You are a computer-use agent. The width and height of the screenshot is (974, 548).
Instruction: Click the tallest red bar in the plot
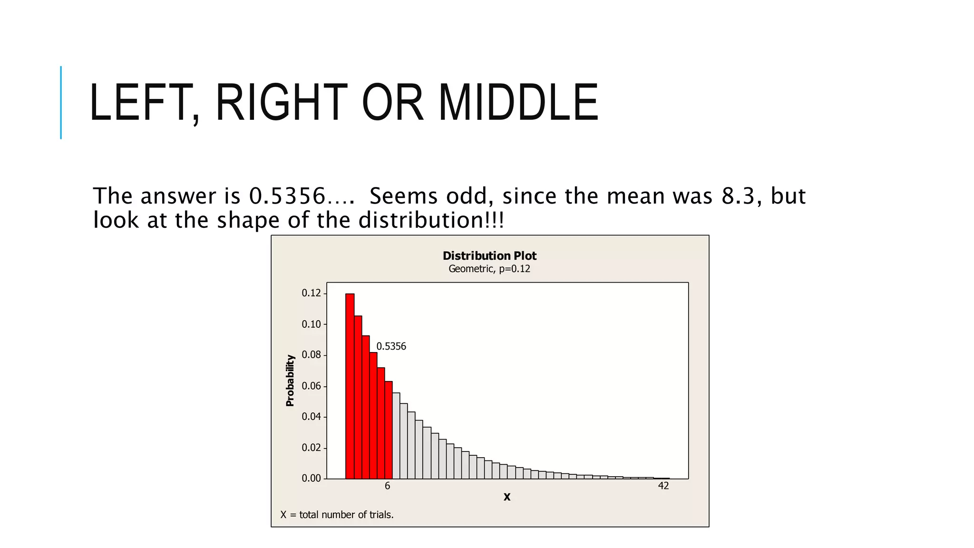(350, 385)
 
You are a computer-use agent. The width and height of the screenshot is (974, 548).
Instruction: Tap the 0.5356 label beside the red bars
(391, 346)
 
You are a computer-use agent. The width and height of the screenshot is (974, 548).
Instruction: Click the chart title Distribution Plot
(489, 256)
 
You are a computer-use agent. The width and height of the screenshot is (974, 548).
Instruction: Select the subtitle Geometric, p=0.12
(489, 269)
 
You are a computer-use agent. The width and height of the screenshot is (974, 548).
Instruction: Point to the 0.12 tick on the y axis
(312, 293)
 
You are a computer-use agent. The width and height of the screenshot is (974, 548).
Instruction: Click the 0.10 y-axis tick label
(312, 324)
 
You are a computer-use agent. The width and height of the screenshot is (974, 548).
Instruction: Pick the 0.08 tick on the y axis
(312, 355)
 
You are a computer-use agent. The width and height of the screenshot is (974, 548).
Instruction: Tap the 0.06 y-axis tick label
(312, 386)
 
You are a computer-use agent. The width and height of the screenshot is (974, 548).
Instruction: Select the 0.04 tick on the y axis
(312, 417)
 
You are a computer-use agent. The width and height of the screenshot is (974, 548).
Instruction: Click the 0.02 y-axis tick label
(312, 448)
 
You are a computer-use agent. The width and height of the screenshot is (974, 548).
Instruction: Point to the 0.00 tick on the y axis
(312, 479)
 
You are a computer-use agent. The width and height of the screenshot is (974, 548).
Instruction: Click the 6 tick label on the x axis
(388, 486)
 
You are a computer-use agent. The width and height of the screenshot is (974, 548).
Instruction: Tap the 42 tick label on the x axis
(663, 486)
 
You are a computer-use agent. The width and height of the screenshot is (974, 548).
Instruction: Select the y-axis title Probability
(290, 381)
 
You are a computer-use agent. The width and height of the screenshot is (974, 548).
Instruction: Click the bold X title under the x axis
(507, 497)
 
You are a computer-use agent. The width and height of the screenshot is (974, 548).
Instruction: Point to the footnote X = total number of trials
(337, 515)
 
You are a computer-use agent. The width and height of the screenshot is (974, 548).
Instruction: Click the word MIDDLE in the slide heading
(518, 102)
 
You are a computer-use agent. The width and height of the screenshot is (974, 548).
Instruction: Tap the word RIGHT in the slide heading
(281, 102)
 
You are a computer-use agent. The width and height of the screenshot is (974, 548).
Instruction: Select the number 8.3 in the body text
(738, 196)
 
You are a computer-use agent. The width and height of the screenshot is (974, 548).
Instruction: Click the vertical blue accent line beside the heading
(61, 102)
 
